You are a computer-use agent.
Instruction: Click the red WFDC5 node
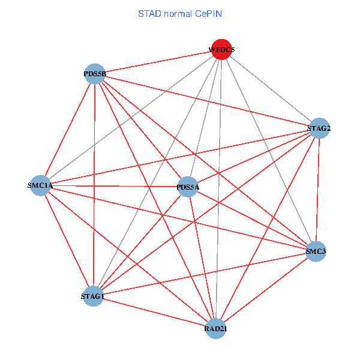pos(221,50)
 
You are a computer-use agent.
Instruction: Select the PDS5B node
pos(95,74)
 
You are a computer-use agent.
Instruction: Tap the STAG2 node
pos(319,128)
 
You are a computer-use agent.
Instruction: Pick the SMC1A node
pos(41,186)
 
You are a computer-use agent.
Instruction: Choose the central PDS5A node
pos(188,187)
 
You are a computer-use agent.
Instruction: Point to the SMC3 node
pos(316,251)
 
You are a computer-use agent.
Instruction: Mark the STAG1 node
pos(93,296)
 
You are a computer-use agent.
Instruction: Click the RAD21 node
pos(216,328)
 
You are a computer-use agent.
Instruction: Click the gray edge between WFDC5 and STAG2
pos(270,89)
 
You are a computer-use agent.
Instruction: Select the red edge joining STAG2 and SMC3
pos(317,189)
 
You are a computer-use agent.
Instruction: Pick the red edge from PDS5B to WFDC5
pos(158,62)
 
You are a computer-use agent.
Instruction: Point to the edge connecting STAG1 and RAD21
pos(154,312)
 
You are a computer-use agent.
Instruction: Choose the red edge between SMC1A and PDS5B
pos(68,130)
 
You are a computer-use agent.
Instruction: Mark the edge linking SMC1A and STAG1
pos(67,241)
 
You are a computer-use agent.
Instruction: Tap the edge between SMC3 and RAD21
pos(266,289)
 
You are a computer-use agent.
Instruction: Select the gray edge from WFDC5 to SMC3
pos(268,150)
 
